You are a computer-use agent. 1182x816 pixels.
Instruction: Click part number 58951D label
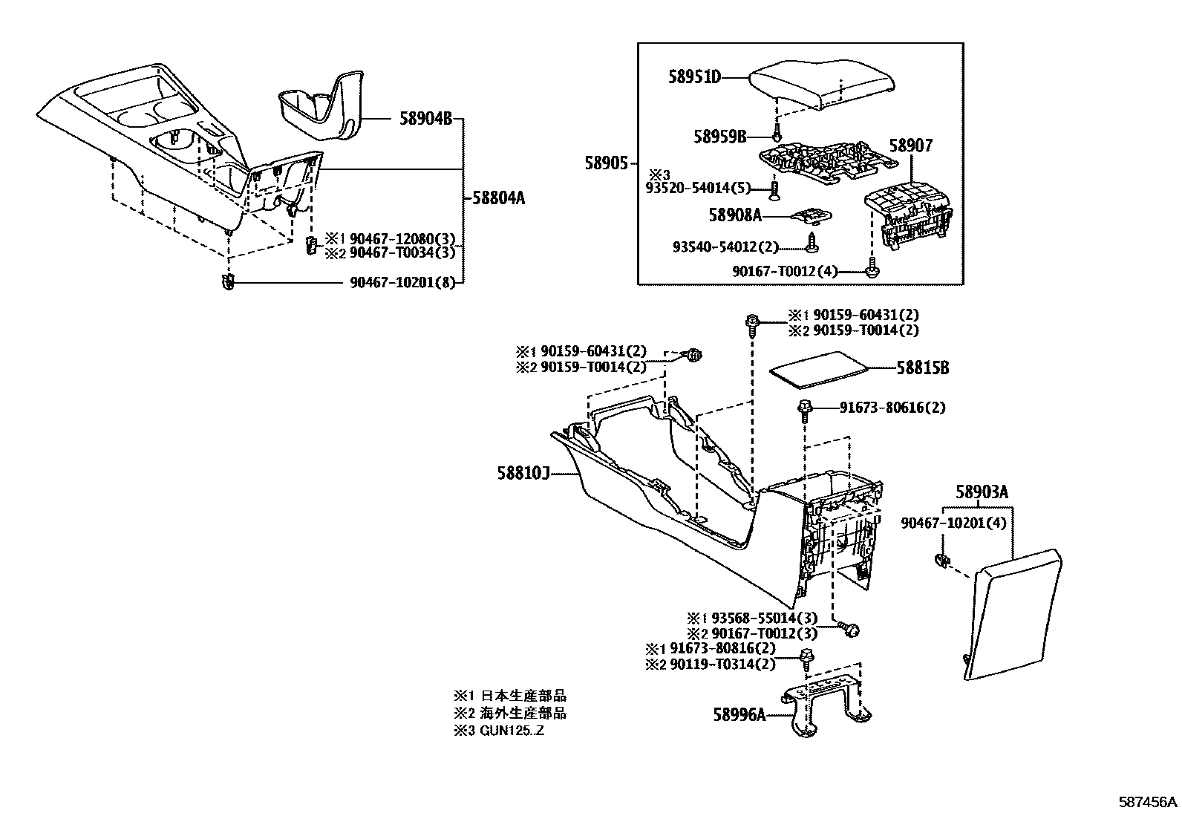(x=694, y=77)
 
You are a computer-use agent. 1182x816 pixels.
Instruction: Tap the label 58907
(x=911, y=146)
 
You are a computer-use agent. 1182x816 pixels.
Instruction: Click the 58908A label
(x=735, y=215)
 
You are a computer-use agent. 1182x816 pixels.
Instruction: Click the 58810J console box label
(x=523, y=472)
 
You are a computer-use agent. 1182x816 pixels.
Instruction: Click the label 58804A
(x=498, y=198)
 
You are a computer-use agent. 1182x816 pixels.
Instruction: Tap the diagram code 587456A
(x=1148, y=802)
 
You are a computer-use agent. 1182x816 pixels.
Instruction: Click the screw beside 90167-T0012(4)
(x=873, y=271)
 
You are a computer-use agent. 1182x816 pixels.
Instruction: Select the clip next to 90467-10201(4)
(x=940, y=561)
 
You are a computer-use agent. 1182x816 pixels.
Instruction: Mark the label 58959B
(x=720, y=137)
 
